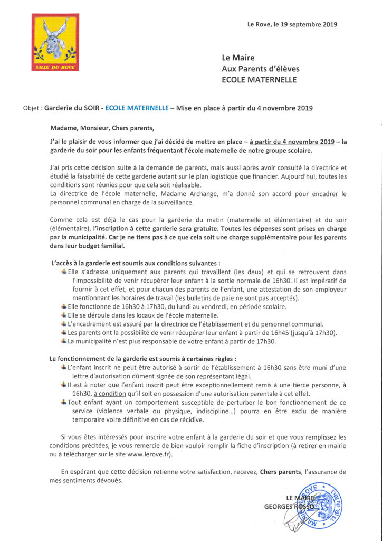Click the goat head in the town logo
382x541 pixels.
point(55,39)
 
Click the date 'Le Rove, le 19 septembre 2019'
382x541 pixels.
point(292,24)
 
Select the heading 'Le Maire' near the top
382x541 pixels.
point(238,58)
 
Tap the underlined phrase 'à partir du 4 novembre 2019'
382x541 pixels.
point(292,142)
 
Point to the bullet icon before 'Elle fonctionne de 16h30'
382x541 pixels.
point(64,306)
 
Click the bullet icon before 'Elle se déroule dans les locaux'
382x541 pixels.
point(64,314)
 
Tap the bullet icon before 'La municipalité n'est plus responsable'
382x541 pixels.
point(64,341)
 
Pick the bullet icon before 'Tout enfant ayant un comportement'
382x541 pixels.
point(64,402)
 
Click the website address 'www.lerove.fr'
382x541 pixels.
point(158,454)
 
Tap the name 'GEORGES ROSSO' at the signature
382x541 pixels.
point(289,507)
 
